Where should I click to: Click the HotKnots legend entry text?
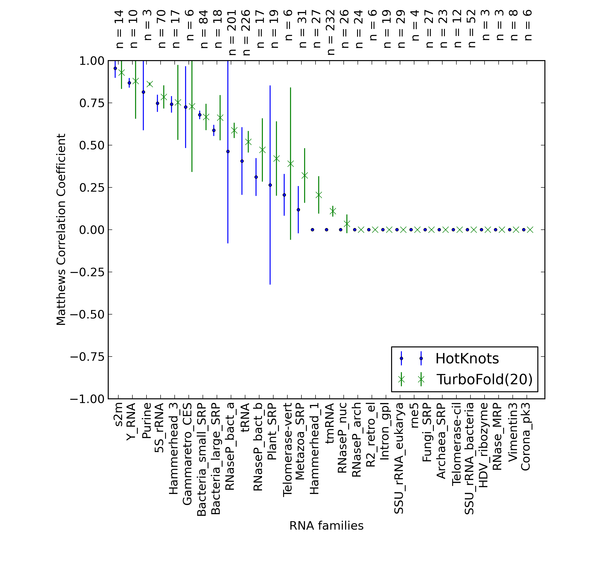click(x=467, y=359)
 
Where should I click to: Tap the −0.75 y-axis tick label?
click(x=87, y=357)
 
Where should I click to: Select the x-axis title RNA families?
click(x=326, y=526)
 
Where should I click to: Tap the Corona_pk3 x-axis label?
click(x=526, y=437)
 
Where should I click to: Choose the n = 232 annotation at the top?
click(x=330, y=32)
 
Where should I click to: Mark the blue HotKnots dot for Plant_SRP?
click(x=270, y=185)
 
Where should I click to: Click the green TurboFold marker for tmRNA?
click(x=332, y=211)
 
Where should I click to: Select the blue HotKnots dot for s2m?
click(x=115, y=68)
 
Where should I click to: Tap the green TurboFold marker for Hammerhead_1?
click(x=319, y=195)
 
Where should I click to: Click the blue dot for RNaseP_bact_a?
click(x=228, y=151)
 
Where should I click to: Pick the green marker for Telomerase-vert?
click(x=290, y=163)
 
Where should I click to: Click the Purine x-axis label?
click(x=146, y=420)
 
